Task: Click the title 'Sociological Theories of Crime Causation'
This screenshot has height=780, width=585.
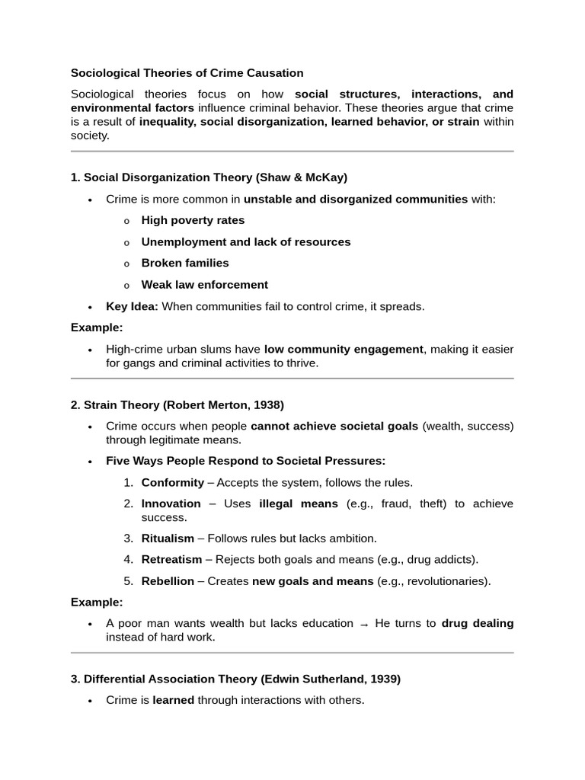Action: [x=187, y=73]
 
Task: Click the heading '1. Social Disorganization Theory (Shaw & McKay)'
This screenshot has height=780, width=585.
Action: [x=209, y=177]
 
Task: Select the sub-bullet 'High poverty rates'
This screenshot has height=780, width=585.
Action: [x=193, y=220]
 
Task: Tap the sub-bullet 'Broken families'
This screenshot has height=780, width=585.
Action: [x=185, y=263]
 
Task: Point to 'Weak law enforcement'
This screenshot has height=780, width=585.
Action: [x=205, y=285]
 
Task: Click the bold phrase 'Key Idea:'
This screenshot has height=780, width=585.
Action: [x=133, y=306]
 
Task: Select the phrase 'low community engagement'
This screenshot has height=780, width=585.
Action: [x=344, y=349]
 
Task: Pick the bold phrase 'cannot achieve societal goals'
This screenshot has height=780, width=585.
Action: [x=334, y=426]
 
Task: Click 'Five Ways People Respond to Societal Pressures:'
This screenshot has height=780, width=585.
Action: [x=246, y=461]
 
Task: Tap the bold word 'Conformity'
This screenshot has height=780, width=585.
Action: [x=173, y=482]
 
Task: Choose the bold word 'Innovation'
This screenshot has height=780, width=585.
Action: [x=171, y=503]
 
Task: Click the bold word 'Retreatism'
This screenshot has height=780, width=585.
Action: [x=172, y=559]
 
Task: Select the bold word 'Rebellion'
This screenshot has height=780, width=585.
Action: [x=168, y=581]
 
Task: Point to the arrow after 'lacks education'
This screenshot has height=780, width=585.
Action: [x=364, y=625]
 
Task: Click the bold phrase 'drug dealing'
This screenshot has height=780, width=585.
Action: [x=478, y=623]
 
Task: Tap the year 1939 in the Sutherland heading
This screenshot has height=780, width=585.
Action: [x=385, y=679]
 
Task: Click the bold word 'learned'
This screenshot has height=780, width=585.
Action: [x=174, y=700]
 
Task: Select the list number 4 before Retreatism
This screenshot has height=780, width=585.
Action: [x=128, y=559]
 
